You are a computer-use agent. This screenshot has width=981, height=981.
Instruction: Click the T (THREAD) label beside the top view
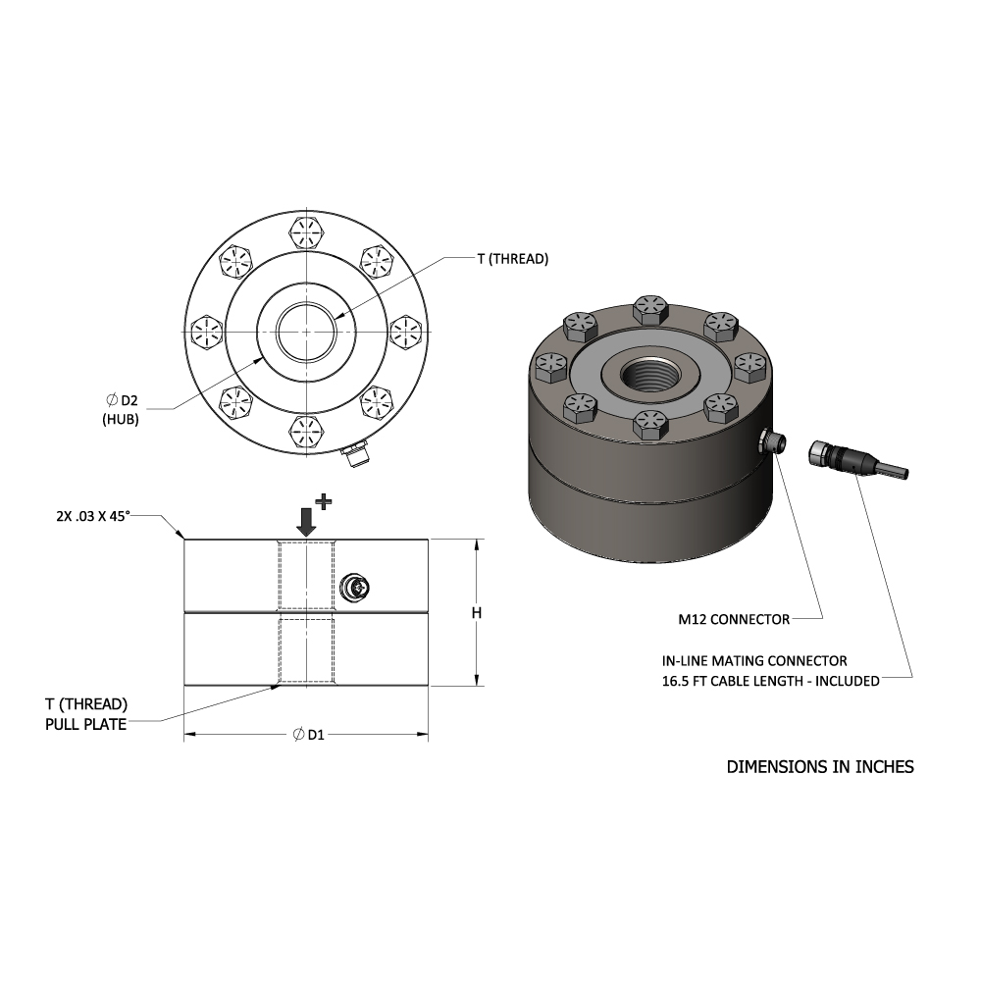point(512,259)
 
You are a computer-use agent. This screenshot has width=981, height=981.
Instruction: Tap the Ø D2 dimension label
point(122,400)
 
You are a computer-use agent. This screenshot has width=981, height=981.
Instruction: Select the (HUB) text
point(121,419)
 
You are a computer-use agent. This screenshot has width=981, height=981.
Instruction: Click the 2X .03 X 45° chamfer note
point(93,516)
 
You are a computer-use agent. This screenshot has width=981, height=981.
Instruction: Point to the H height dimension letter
point(477,612)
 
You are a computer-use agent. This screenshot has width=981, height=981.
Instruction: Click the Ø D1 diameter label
point(309,735)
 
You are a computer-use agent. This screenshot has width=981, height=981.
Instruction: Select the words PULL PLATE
point(85,725)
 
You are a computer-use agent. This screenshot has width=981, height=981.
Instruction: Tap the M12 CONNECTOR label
point(734,619)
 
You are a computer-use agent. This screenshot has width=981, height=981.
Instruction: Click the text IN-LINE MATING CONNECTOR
point(754,660)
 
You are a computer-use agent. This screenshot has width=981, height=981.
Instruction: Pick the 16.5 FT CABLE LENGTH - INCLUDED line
point(771,681)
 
